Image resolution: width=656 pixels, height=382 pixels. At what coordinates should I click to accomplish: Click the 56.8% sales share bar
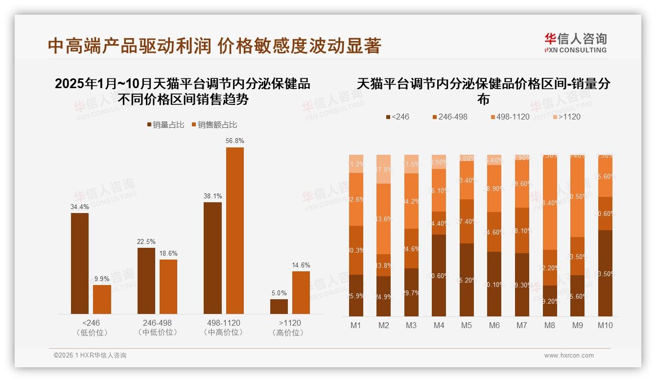[234, 230]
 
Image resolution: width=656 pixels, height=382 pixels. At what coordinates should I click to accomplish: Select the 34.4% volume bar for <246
[80, 263]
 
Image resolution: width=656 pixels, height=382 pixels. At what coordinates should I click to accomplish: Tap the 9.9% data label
[102, 279]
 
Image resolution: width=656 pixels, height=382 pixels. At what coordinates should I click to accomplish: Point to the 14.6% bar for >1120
[301, 292]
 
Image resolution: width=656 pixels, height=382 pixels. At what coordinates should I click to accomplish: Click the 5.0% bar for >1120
[279, 306]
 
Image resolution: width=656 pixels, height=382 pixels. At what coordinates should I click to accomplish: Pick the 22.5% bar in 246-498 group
[146, 281]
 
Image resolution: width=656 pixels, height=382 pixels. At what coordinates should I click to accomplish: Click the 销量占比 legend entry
[165, 125]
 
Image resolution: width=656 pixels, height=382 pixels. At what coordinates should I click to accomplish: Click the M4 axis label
[439, 325]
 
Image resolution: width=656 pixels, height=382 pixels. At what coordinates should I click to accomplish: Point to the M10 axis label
[605, 325]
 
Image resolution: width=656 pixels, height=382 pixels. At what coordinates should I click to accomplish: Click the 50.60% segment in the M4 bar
[439, 275]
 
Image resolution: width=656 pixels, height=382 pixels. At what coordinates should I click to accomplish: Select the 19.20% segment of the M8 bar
[550, 301]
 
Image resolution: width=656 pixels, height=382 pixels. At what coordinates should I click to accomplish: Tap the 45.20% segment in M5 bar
[467, 280]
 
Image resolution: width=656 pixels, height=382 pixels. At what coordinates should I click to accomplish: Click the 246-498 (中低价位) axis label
[157, 328]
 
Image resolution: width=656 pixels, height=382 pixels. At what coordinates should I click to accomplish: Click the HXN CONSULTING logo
[575, 43]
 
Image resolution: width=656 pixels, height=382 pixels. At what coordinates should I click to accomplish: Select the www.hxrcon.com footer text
[569, 356]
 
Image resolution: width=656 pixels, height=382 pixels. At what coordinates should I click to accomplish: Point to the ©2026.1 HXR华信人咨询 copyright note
[90, 356]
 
